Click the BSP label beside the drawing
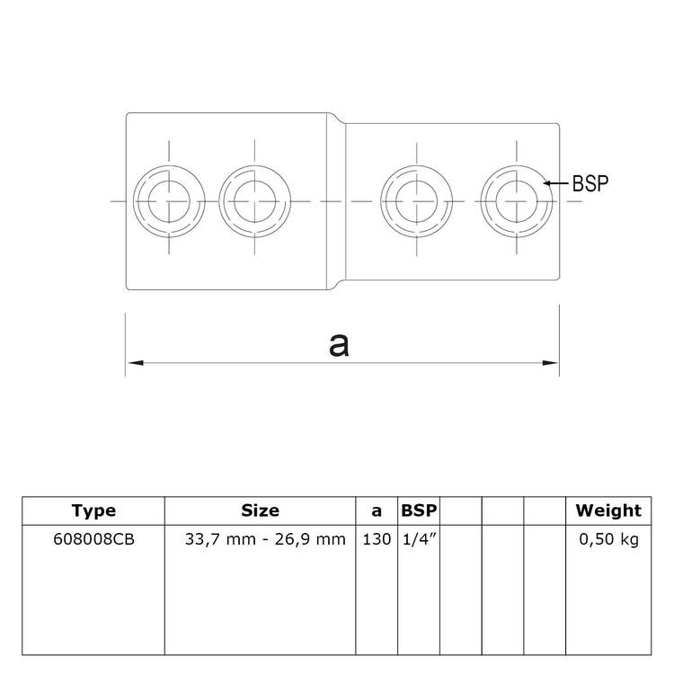[x=591, y=182]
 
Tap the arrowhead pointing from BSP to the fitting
[x=547, y=182]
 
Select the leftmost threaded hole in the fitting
[x=166, y=196]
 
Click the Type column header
[x=93, y=510]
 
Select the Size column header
[x=261, y=510]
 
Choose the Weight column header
[x=608, y=510]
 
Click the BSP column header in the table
[x=419, y=510]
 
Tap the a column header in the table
[x=377, y=510]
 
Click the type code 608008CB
[x=93, y=539]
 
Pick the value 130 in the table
[x=377, y=539]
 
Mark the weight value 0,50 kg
[x=608, y=539]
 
